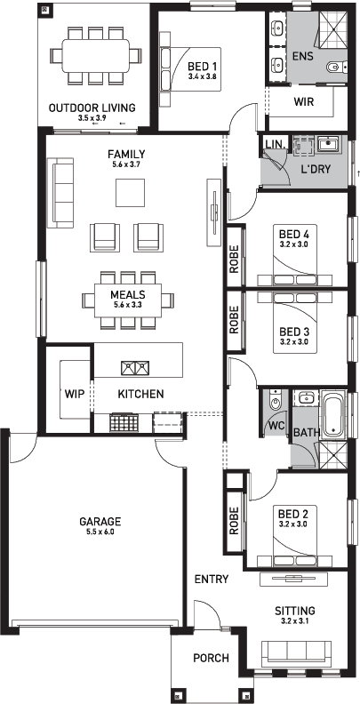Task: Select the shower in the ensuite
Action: [x=333, y=28]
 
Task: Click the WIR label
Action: [x=304, y=101]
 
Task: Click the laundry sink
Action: [x=330, y=145]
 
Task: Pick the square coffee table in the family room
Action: [x=130, y=192]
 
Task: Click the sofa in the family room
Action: [x=63, y=193]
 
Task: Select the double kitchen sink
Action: [x=135, y=368]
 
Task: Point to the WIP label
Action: [x=75, y=394]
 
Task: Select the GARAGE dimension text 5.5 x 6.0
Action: [x=100, y=532]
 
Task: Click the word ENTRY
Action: [x=212, y=580]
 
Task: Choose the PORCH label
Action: [x=211, y=658]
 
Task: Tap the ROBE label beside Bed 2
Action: [x=234, y=521]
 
